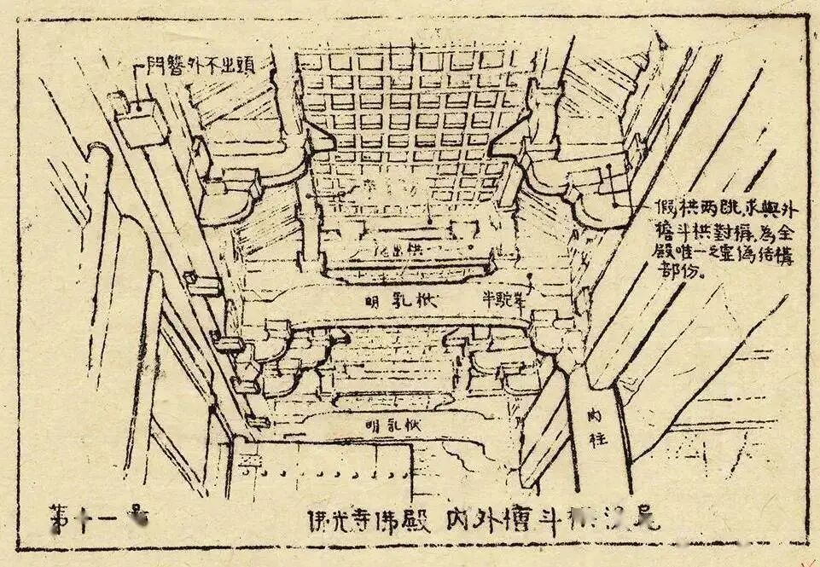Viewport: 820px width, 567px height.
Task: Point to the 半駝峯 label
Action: (503, 298)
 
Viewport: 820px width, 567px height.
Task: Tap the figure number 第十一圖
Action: (97, 518)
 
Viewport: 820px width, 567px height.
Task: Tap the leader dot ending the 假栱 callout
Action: (614, 203)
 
